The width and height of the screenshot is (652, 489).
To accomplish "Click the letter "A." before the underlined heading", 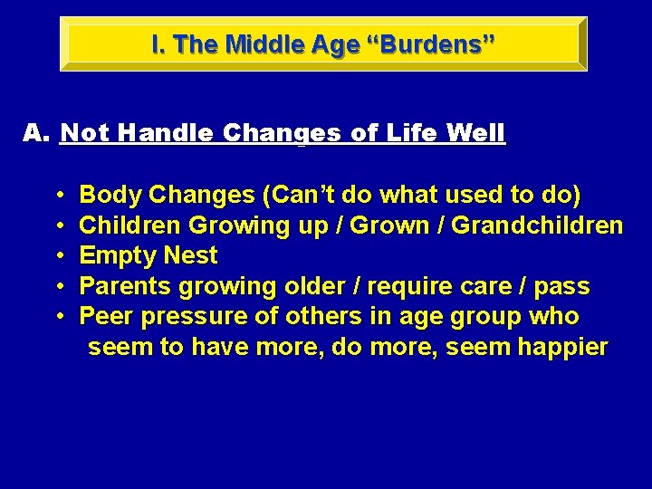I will click(35, 134).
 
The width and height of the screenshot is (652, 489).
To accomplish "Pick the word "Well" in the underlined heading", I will click(476, 134).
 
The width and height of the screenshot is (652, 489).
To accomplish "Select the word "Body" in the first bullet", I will click(110, 195).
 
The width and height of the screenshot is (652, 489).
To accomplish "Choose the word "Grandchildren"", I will click(537, 225).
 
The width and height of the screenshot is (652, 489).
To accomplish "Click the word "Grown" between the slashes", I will click(398, 225).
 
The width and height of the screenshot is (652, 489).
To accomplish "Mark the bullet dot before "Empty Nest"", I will click(58, 256).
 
